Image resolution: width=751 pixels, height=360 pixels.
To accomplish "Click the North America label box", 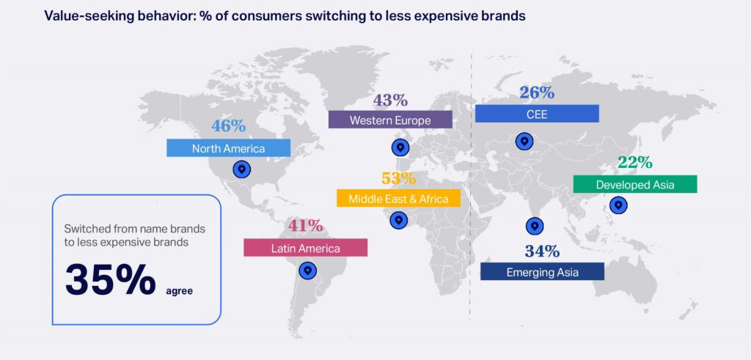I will [229, 148].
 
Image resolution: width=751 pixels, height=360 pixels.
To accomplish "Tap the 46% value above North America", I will [229, 125].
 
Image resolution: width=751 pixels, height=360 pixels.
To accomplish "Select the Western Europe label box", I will [390, 120].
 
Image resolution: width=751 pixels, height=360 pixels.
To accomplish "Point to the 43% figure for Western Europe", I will [390, 100].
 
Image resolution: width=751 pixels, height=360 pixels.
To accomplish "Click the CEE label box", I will [537, 114].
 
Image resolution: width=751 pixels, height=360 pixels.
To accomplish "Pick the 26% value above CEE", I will [537, 93].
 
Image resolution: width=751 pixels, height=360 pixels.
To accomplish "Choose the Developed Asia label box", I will [634, 184].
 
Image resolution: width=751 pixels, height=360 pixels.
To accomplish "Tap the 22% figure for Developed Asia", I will [635, 163].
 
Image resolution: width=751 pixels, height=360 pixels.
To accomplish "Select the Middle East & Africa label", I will [398, 198].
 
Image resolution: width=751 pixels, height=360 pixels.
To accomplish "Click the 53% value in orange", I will [398, 178].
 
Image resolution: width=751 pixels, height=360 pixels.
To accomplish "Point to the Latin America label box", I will [305, 248].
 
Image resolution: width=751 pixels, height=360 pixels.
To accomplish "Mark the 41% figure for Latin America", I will [305, 226].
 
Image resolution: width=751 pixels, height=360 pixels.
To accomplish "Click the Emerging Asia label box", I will [542, 272].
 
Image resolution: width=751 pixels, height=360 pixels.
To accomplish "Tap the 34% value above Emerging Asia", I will [542, 251].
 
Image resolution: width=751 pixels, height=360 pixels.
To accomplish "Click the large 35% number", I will [111, 279].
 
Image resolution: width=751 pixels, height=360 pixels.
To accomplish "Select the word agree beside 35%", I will [179, 290].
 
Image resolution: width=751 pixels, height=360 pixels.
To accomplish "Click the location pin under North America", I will [242, 170].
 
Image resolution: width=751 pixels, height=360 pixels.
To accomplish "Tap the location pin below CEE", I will [524, 142].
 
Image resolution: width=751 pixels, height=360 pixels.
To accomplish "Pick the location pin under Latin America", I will [308, 271].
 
